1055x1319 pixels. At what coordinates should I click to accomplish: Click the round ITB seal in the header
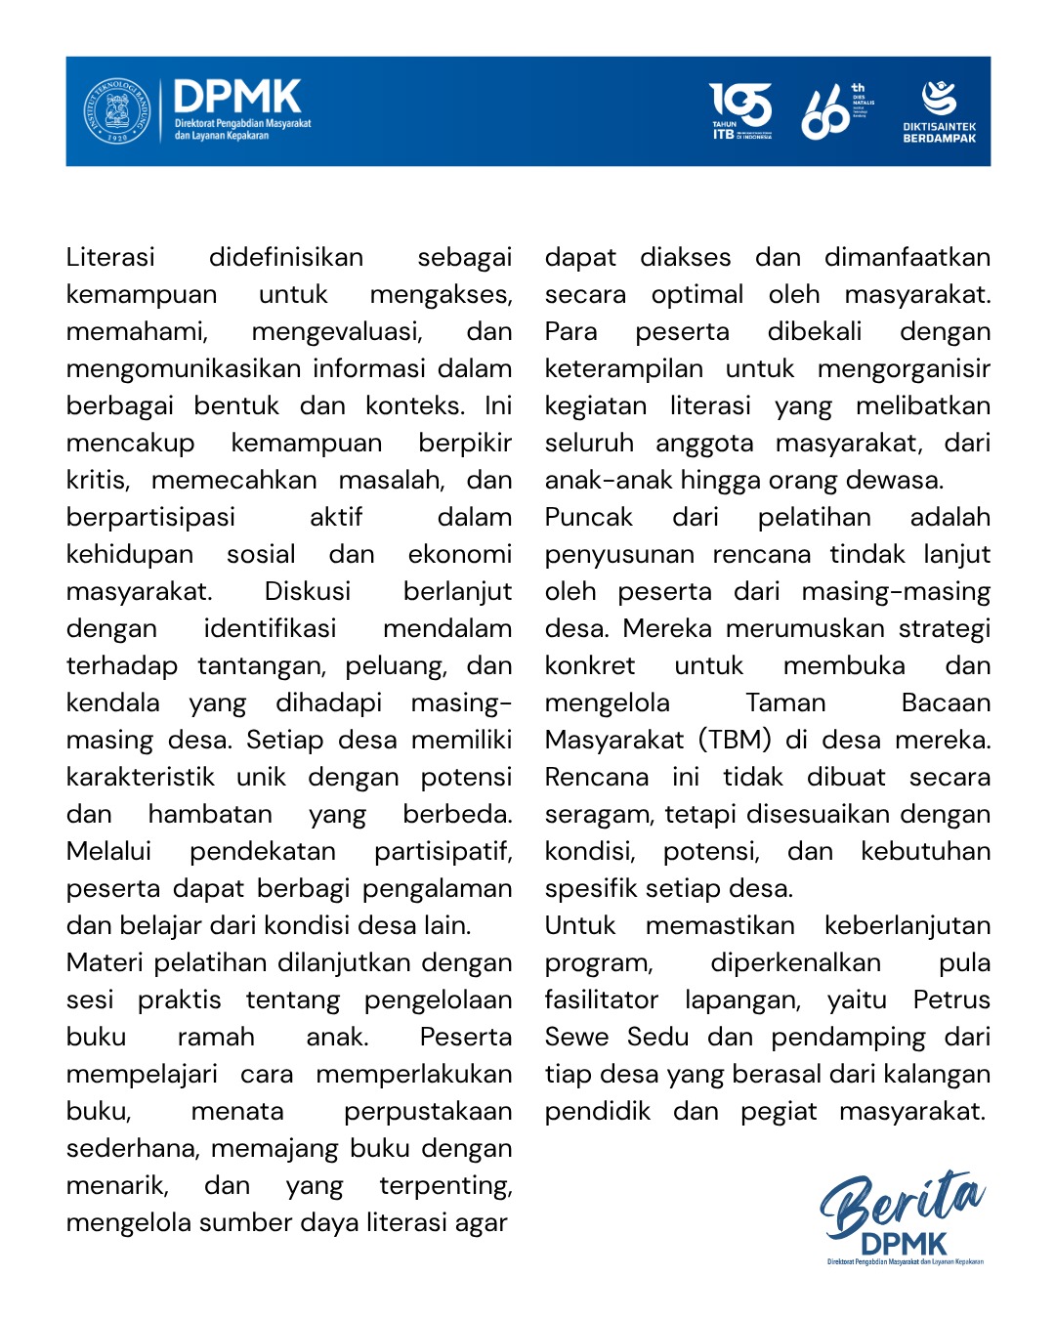pos(117,111)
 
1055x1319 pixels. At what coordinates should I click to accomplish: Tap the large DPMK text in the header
pos(237,97)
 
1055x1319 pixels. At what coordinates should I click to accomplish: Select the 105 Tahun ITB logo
pos(740,111)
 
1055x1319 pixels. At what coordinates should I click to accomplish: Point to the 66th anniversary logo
pos(835,111)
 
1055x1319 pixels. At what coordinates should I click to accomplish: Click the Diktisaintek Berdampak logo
pos(939,111)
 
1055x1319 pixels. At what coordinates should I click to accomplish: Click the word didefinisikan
pos(285,257)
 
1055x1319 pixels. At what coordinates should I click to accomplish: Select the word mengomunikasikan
pos(184,368)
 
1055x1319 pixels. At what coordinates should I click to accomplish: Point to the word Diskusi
pos(307,591)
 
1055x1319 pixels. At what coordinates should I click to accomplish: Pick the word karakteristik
pos(140,777)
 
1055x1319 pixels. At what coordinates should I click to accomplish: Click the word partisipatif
pos(443,851)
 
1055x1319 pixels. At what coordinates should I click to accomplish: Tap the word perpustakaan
pos(427,1111)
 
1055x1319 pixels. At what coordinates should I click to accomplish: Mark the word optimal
pos(696,294)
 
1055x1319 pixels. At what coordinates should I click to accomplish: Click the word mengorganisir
pos(904,368)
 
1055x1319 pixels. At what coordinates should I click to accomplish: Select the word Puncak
pos(588,517)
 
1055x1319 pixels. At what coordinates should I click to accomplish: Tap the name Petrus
pos(951,1000)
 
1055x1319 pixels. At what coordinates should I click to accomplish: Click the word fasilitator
pos(601,1000)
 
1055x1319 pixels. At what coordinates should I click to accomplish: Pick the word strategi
pos(944,628)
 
